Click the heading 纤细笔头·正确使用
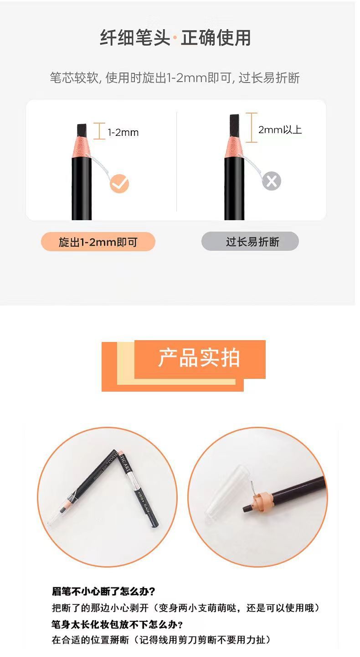(175, 38)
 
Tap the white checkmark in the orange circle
(119, 184)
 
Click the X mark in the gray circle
(272, 181)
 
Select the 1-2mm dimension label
(123, 133)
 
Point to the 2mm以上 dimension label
(280, 130)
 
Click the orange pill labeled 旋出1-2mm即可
(98, 242)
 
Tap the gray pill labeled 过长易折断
(250, 242)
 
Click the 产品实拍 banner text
(199, 358)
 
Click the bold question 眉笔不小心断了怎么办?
(103, 591)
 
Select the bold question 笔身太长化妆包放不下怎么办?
(118, 624)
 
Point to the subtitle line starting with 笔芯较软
(175, 78)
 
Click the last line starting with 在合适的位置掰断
(161, 640)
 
